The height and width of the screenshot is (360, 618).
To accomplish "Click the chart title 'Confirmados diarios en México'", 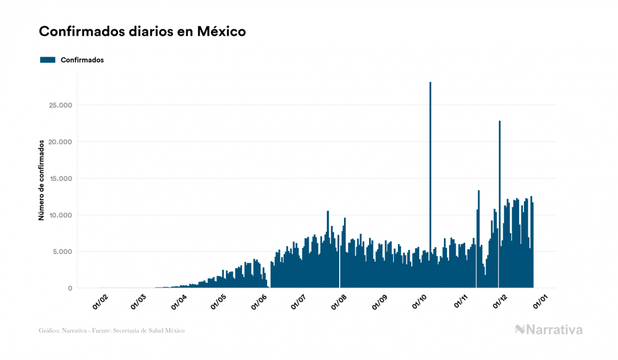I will (x=142, y=32).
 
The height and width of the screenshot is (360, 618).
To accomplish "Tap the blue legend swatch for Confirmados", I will (x=48, y=60).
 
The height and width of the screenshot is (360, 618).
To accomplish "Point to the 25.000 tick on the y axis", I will (x=60, y=105).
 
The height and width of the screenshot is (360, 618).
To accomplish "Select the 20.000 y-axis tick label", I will (x=60, y=142).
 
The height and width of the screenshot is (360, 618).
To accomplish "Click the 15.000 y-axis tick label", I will (x=60, y=179).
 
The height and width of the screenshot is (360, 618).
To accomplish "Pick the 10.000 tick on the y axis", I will (x=60, y=215).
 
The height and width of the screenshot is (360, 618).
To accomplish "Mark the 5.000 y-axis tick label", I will (x=62, y=252).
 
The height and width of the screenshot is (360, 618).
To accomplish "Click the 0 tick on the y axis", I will (x=69, y=288).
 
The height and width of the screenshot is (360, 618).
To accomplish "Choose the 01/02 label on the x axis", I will (x=100, y=302).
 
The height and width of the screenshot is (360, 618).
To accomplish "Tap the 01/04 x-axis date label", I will (x=179, y=302).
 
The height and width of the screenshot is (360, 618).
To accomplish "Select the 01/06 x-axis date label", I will (x=259, y=302).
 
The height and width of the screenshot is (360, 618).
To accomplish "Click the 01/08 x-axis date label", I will (x=339, y=302).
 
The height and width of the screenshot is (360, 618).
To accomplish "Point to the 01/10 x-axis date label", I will (x=420, y=302).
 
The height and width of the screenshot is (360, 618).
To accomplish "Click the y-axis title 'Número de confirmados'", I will (x=41, y=180).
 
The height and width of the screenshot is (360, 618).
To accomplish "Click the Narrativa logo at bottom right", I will (x=549, y=330).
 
